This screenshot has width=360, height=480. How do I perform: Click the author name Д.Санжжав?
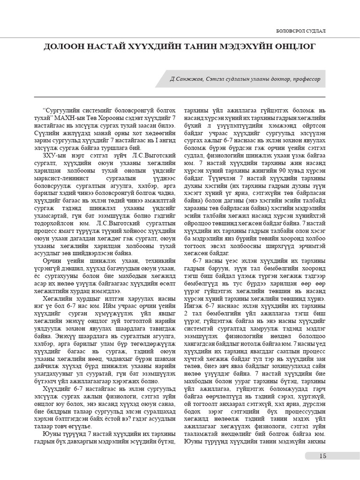point(187,79)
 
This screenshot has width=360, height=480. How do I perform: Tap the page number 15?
point(322,456)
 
